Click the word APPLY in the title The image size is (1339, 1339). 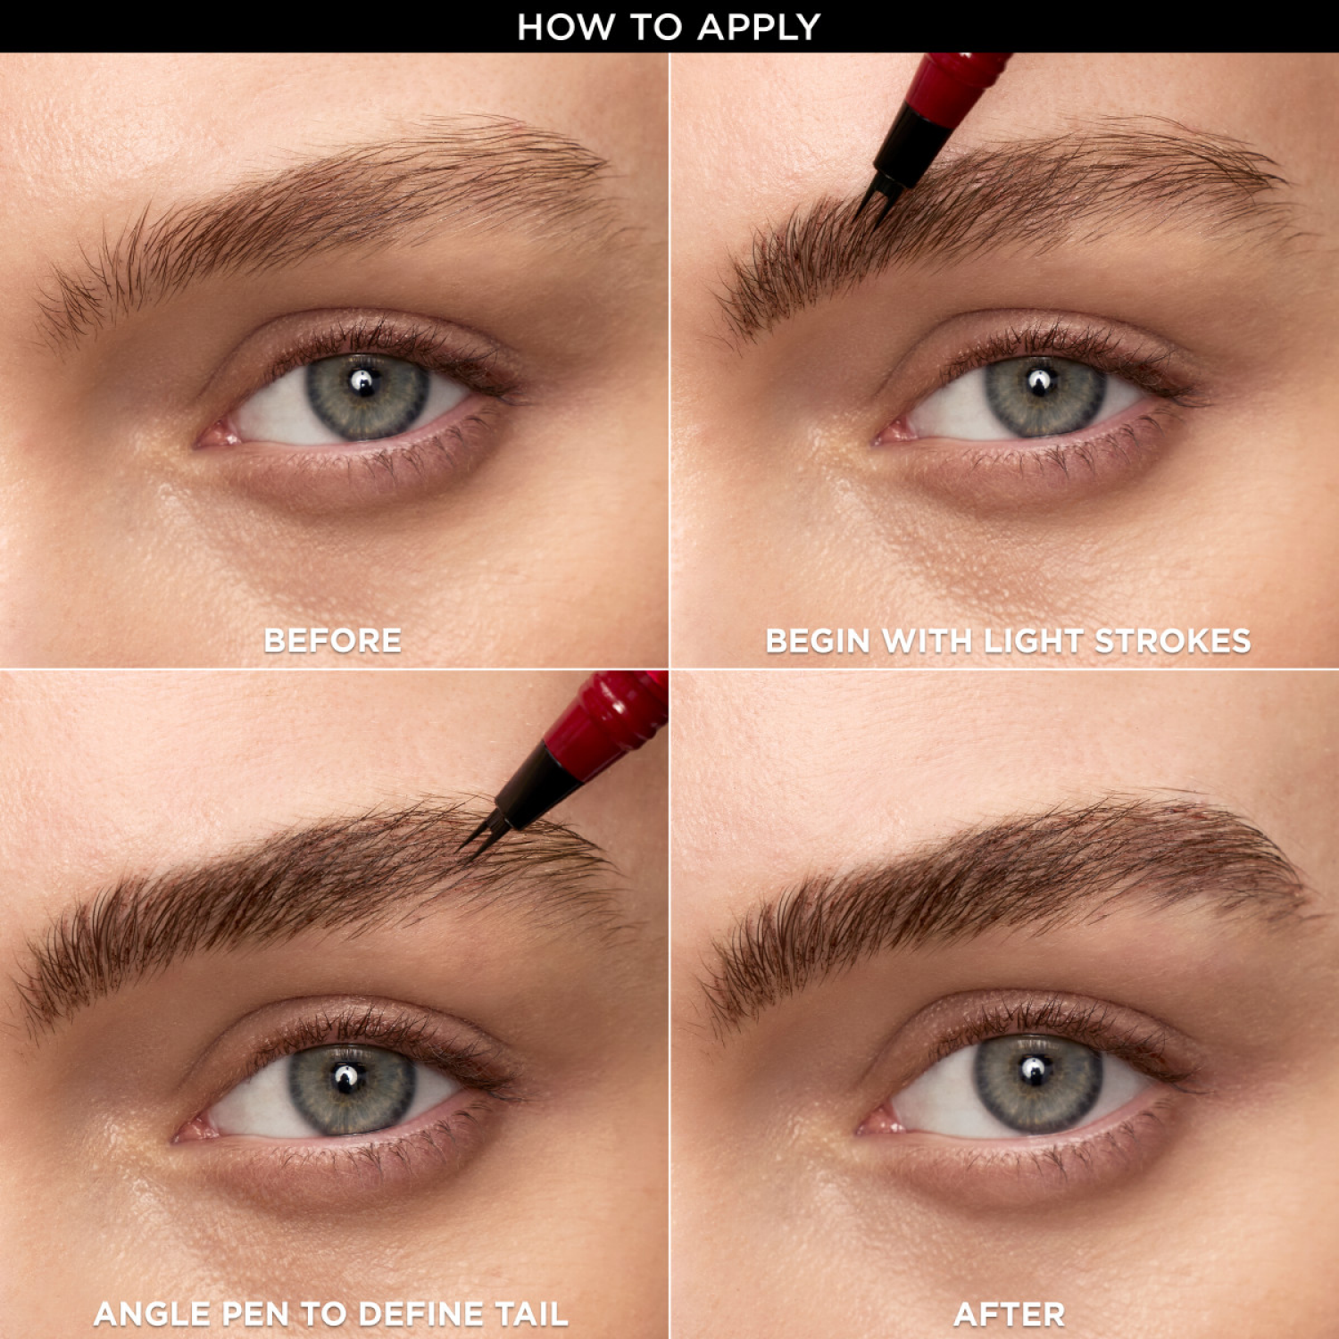tap(759, 27)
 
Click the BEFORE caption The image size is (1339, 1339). tap(333, 640)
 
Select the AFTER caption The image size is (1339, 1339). tap(1010, 1314)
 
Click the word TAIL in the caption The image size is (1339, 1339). tap(531, 1314)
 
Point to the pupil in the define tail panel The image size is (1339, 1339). tap(348, 1078)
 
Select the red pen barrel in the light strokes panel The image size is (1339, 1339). tap(960, 76)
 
